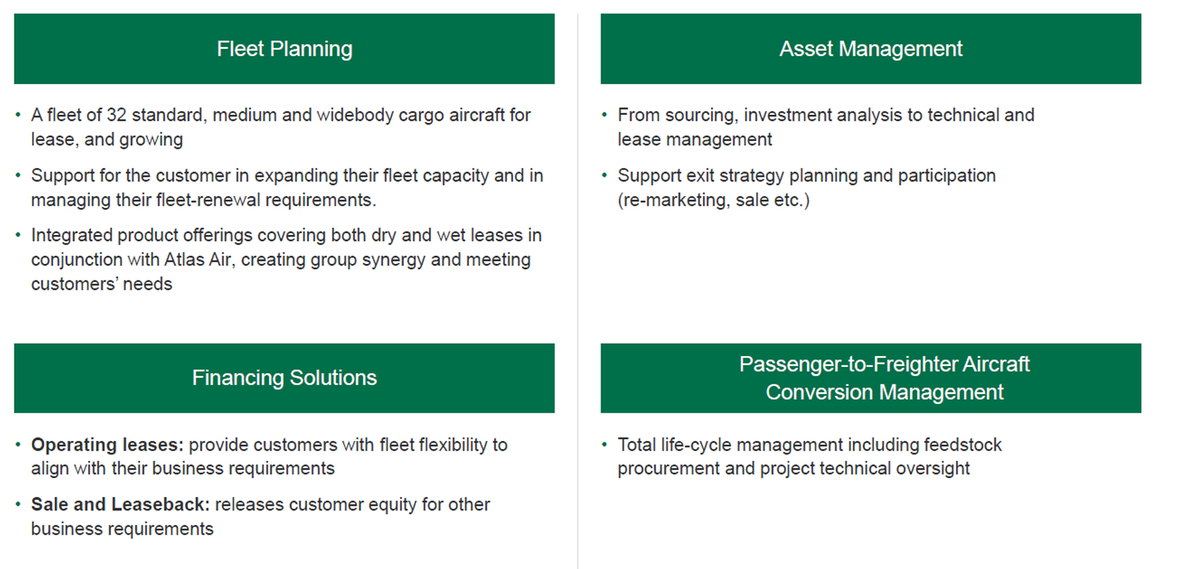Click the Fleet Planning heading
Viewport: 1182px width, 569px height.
[284, 49]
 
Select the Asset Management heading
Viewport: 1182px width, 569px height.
[871, 49]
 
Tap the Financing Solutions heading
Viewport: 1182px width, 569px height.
[284, 378]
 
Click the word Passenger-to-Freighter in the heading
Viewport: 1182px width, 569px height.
[846, 364]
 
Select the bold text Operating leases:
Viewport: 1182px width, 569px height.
[107, 445]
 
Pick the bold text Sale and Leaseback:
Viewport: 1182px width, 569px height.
[121, 504]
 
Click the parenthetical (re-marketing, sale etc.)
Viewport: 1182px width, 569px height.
[713, 200]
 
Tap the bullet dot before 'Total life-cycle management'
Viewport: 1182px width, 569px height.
[605, 445]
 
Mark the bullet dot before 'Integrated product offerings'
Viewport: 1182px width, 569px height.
[18, 235]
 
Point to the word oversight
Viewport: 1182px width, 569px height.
[934, 468]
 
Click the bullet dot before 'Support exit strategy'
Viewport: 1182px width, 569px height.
[605, 175]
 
